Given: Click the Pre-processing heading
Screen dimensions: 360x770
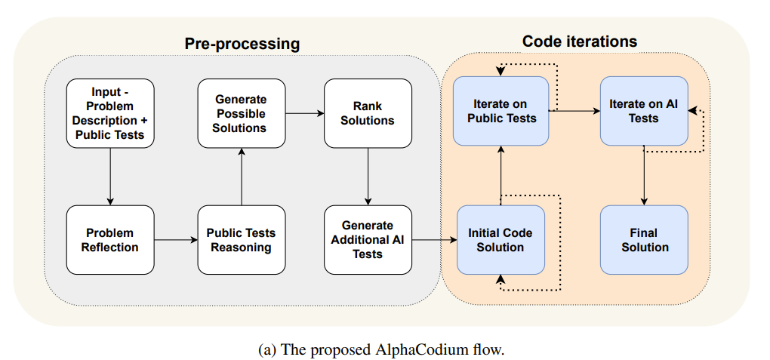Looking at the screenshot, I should coord(242,44).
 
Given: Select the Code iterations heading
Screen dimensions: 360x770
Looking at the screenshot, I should coord(579,41).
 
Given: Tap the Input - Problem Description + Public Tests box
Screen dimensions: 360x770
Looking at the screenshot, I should coord(110,113).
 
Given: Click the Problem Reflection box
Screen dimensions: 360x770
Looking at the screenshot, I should coord(110,240).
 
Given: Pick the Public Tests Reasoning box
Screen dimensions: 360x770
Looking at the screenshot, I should coord(242,240).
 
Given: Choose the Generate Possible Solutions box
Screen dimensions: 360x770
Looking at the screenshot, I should coord(241,113).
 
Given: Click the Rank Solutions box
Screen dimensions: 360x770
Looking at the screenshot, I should coord(368,113).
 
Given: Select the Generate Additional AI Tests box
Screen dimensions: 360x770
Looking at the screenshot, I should coord(368,240).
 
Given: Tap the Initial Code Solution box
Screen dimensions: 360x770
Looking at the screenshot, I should coord(500,240).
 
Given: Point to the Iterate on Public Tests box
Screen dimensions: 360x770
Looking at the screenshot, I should coord(500,111).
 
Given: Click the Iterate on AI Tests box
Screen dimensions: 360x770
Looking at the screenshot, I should coord(644,111).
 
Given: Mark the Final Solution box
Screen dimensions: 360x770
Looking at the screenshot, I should coord(644,240).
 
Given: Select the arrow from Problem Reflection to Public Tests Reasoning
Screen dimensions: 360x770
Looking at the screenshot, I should coord(176,240).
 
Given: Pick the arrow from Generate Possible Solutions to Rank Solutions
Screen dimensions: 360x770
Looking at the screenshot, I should coord(304,113).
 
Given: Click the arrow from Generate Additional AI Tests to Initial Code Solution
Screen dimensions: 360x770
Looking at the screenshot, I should coord(434,240).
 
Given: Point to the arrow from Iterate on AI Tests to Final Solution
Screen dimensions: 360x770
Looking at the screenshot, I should coord(644,175).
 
